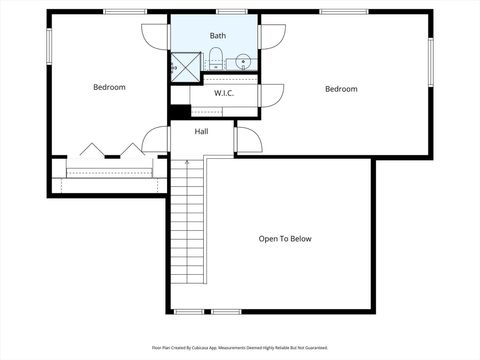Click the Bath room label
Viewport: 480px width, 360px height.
tap(217, 36)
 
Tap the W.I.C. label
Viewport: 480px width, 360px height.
tap(223, 93)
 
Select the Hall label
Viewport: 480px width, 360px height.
tap(201, 131)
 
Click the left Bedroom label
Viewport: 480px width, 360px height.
tap(109, 88)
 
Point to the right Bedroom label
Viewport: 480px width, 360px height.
tap(341, 89)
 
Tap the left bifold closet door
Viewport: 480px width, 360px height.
tap(92, 150)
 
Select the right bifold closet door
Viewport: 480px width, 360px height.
tap(132, 150)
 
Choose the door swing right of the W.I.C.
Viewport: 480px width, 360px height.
tap(272, 94)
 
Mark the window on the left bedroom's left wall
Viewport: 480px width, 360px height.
tap(48, 46)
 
